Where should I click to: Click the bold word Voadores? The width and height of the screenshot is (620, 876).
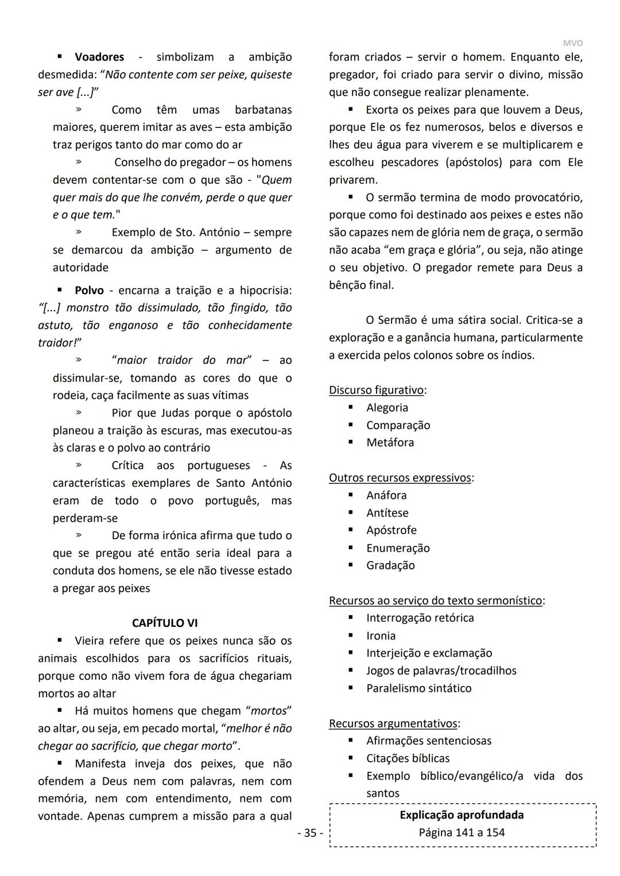click(x=99, y=57)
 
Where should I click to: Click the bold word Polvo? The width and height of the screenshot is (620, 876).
click(x=89, y=290)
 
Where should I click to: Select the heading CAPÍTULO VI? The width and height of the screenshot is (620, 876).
click(x=165, y=623)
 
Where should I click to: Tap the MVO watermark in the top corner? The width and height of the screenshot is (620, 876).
click(x=572, y=43)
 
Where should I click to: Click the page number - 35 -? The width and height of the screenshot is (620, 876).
click(x=310, y=833)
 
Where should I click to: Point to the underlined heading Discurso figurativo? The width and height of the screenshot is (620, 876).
click(x=377, y=390)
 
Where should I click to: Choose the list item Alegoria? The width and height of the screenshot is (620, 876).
click(x=387, y=408)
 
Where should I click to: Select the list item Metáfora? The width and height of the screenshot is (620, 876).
click(x=390, y=443)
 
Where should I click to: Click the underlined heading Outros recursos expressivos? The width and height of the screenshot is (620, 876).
click(x=400, y=478)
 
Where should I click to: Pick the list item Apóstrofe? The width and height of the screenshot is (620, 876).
click(x=391, y=530)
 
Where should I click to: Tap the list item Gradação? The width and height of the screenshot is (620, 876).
click(x=390, y=565)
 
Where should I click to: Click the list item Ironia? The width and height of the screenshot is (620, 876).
click(x=381, y=635)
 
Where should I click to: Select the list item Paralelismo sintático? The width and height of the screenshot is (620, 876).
click(x=418, y=688)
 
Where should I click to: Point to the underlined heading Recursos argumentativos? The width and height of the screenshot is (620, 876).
click(x=393, y=724)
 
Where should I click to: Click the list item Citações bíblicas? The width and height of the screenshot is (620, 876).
click(x=408, y=758)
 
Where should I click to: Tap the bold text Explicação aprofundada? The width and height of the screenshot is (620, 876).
click(x=462, y=815)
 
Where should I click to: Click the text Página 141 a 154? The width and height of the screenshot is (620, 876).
click(x=462, y=833)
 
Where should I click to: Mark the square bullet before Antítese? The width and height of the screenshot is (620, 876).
click(x=350, y=512)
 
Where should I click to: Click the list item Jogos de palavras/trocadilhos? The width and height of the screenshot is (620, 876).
click(x=441, y=670)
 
